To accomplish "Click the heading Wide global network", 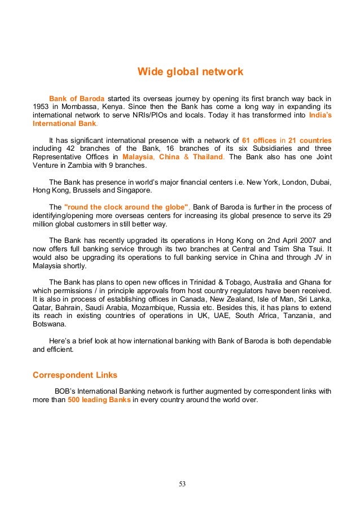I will coord(191,72).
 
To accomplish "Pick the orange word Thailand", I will coord(208,157).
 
